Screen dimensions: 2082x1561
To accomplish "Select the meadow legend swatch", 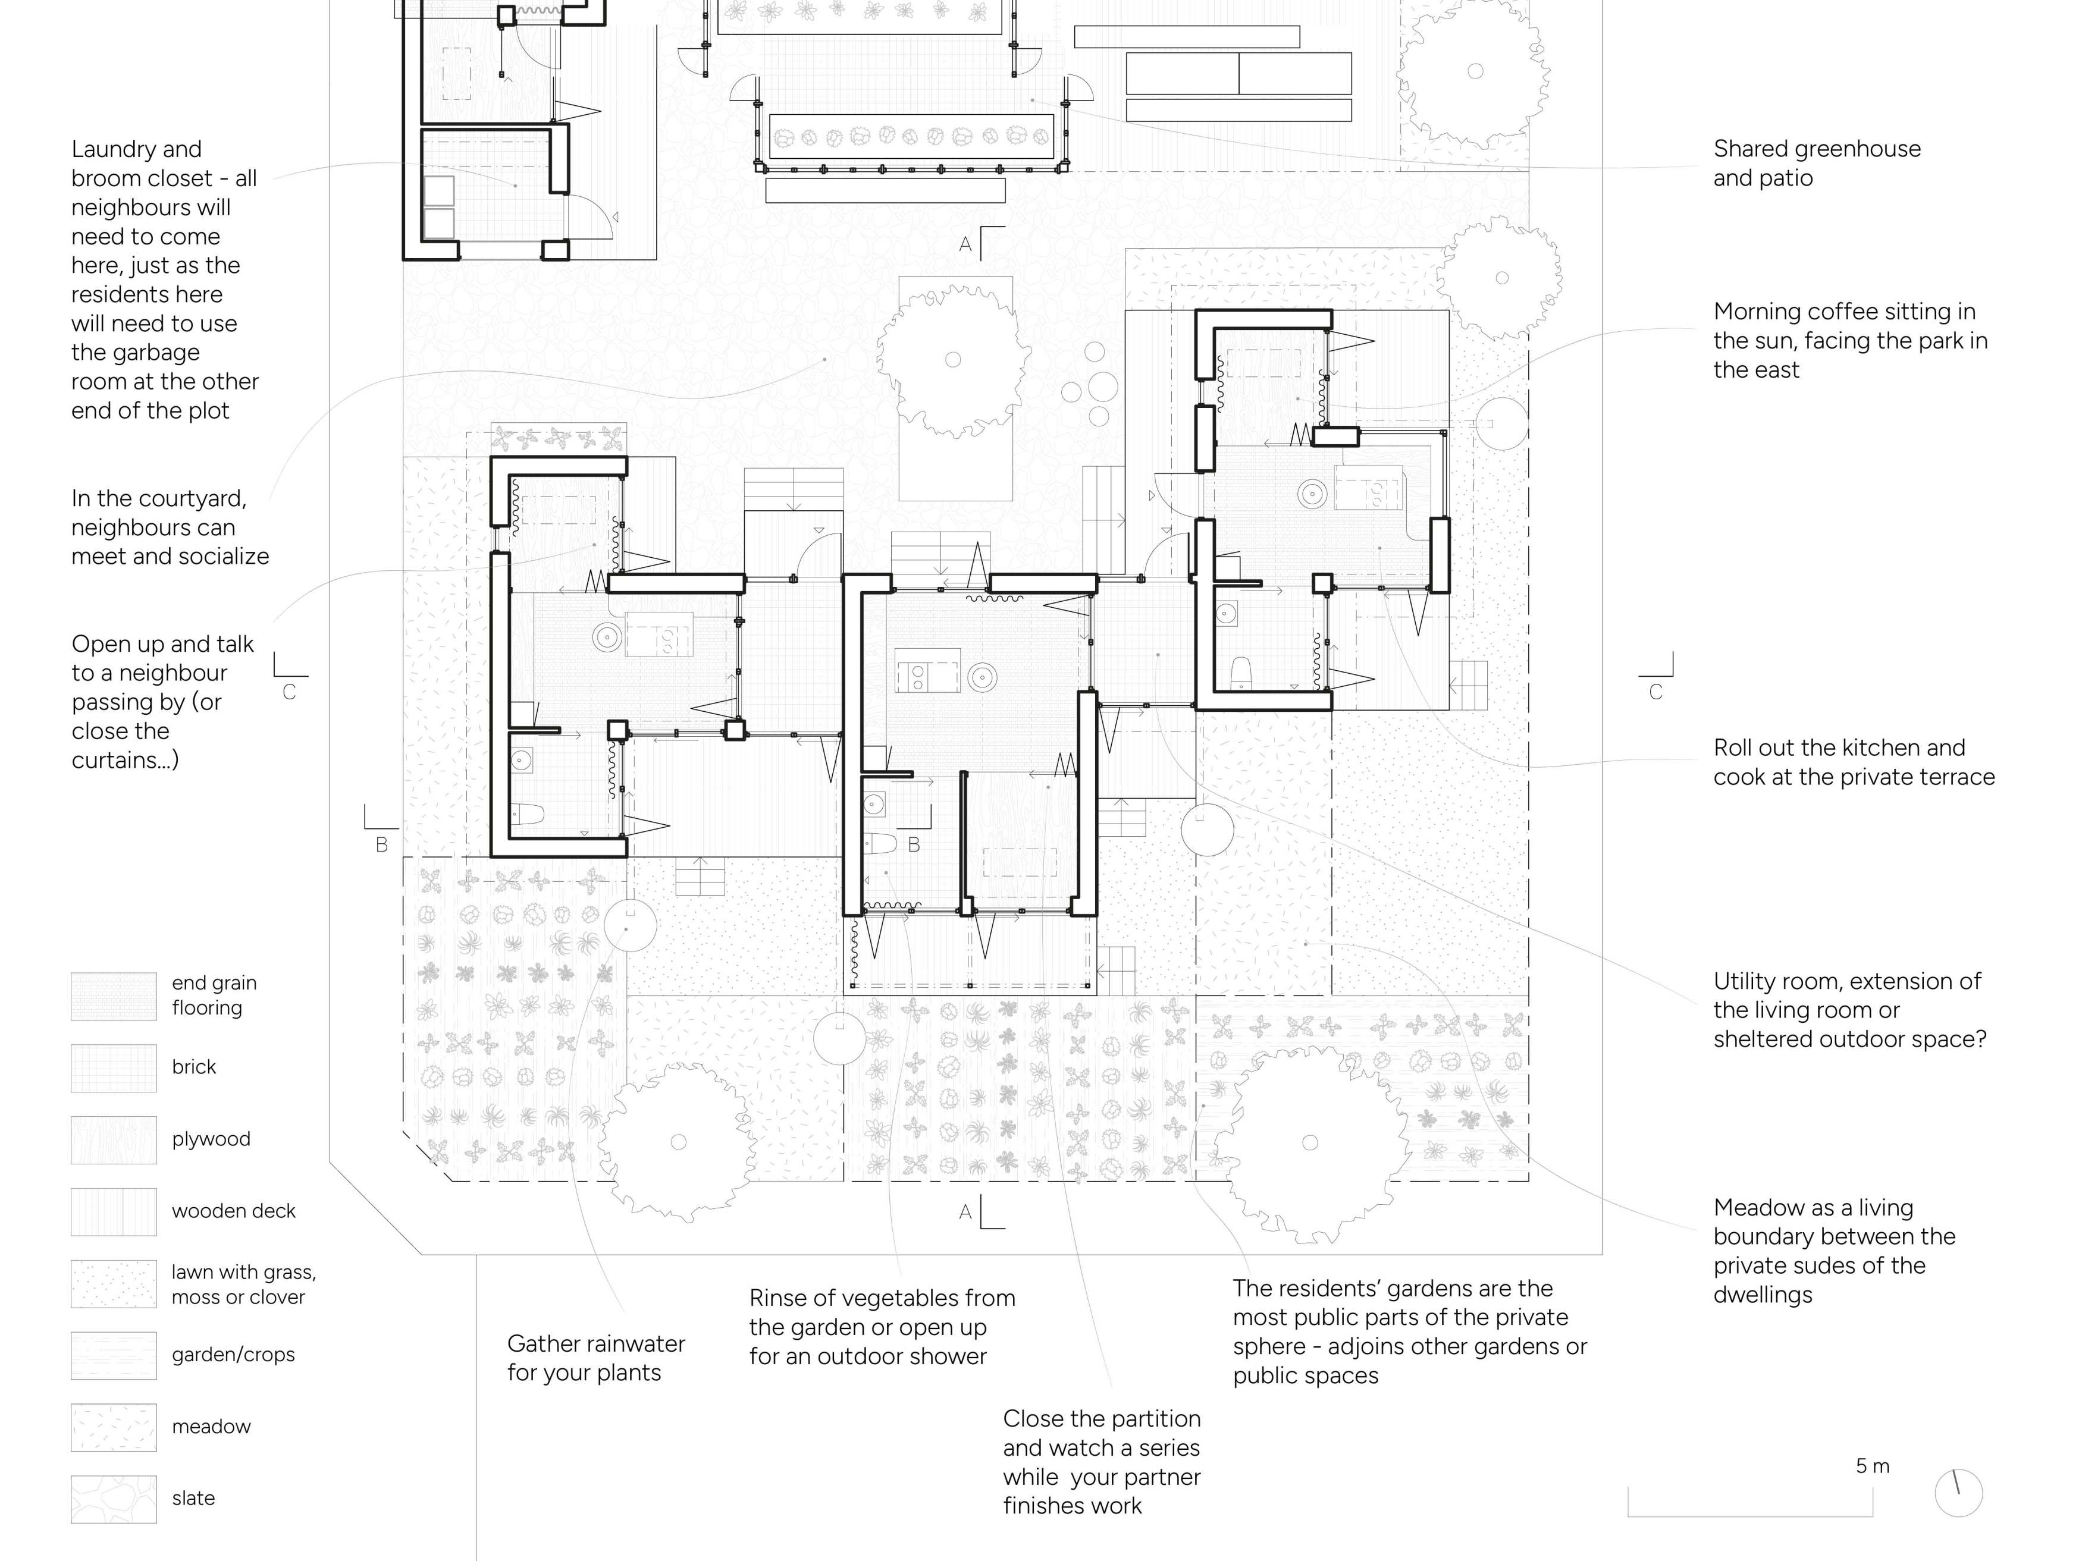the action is pyautogui.click(x=114, y=1427).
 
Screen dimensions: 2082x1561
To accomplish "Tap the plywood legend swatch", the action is pyautogui.click(x=114, y=1139).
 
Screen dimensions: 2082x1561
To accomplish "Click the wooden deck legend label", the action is pyautogui.click(x=233, y=1211).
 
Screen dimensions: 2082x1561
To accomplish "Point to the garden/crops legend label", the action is pyautogui.click(x=233, y=1355).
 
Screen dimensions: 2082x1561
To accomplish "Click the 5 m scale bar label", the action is pyautogui.click(x=1872, y=1466).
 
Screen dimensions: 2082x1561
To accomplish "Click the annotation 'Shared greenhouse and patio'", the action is pyautogui.click(x=1817, y=163).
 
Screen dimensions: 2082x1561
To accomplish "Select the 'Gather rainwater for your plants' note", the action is pyautogui.click(x=596, y=1358).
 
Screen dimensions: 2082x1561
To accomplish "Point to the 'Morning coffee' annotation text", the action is pyautogui.click(x=1851, y=341).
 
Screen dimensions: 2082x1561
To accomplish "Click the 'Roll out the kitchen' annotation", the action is pyautogui.click(x=1854, y=762).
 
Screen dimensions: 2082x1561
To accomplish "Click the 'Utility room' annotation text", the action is pyautogui.click(x=1849, y=1010).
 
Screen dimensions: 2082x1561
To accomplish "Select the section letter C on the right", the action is pyautogui.click(x=1655, y=693).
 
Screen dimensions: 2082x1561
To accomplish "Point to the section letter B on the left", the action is pyautogui.click(x=381, y=845).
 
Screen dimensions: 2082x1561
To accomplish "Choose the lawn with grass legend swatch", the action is pyautogui.click(x=114, y=1283).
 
